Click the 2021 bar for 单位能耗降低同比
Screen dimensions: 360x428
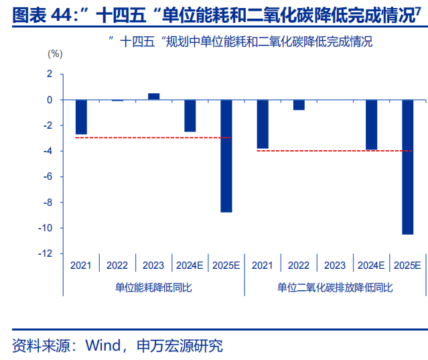(x=81, y=117)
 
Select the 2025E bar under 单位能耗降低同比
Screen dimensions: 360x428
(x=226, y=156)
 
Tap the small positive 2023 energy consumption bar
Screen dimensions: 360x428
(x=154, y=97)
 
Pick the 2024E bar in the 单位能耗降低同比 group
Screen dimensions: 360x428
(x=190, y=116)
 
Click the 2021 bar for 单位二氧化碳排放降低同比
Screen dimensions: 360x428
(x=263, y=124)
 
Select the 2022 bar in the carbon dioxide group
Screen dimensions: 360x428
(x=299, y=105)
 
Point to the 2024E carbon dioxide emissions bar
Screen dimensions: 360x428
(x=371, y=125)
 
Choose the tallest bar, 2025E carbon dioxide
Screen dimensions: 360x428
(x=407, y=167)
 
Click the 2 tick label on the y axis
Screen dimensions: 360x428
(x=49, y=74)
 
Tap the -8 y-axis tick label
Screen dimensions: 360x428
(x=47, y=202)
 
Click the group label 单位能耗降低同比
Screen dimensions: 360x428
(x=153, y=287)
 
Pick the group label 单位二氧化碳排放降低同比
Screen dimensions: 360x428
(x=335, y=287)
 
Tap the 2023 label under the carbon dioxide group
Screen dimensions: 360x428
(x=335, y=265)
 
